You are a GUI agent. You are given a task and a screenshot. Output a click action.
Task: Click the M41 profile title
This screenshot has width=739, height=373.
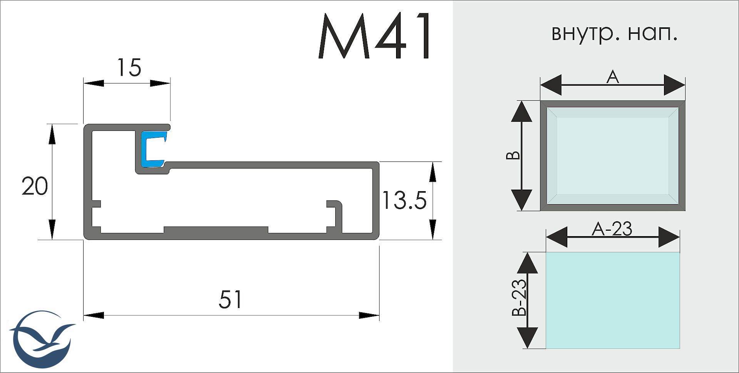tap(375, 37)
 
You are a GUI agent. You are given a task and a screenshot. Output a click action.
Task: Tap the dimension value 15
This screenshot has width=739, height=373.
tap(129, 68)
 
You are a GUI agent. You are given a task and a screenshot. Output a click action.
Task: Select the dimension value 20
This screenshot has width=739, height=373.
tap(35, 186)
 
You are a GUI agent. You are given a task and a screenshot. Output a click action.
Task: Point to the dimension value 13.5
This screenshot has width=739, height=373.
tap(404, 200)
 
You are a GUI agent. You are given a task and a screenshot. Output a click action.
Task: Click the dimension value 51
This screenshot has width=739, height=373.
tap(231, 300)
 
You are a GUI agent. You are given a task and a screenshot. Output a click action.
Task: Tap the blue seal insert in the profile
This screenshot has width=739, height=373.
tap(154, 149)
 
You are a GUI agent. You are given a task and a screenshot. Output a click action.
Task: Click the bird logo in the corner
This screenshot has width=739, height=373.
tap(41, 339)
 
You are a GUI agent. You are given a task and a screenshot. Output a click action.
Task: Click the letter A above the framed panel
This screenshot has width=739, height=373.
tap(612, 77)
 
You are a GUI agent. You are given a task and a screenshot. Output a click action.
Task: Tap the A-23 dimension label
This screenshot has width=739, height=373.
tap(612, 230)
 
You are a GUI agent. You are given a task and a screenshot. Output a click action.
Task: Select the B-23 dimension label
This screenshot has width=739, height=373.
tap(519, 298)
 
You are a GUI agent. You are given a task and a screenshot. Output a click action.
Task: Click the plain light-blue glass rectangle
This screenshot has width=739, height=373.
tap(613, 301)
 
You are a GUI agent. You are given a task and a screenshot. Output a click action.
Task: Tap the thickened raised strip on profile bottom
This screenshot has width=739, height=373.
tap(216, 230)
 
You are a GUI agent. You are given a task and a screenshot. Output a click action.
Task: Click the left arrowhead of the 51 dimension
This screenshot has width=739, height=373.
tap(94, 316)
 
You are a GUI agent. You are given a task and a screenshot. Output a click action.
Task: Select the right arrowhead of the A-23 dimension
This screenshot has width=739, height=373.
tap(669, 237)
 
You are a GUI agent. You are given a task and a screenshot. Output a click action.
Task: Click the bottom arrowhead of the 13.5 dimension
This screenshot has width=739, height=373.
tap(433, 230)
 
